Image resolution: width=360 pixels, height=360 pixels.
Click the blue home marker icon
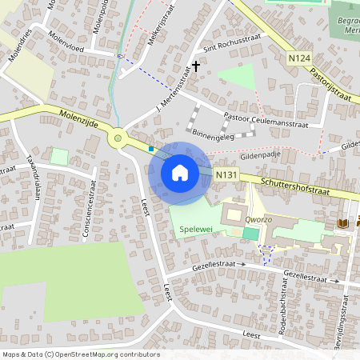(x=180, y=172)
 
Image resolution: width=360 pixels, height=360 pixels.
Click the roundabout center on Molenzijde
(x=118, y=139)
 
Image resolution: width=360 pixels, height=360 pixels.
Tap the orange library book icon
(x=342, y=222)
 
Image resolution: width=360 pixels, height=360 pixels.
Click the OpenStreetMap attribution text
(x=81, y=354)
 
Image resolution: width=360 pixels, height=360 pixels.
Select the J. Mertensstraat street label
(x=174, y=90)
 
